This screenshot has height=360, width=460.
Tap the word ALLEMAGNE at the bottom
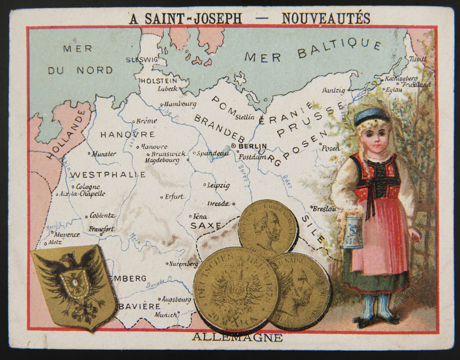click(237, 337)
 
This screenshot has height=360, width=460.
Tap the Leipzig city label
click(218, 186)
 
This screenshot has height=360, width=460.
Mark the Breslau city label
click(325, 209)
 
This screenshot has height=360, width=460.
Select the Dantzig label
click(333, 90)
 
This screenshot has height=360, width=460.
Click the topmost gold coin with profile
click(268, 228)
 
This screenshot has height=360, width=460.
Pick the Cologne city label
click(88, 187)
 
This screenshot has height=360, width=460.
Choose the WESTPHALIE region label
click(108, 175)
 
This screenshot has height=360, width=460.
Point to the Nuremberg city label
click(184, 264)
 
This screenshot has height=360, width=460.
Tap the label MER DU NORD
click(79, 59)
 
